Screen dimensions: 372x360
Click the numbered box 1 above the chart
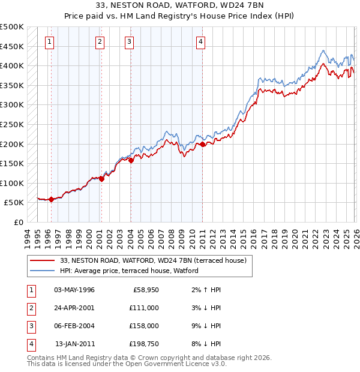coord(49,41)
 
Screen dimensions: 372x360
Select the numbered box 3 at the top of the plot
coord(130,41)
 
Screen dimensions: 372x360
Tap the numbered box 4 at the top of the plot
coord(200,41)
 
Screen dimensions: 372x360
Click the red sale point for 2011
coord(203,144)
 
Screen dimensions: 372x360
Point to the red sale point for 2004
coord(131,160)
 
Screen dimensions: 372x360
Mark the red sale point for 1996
coord(51,200)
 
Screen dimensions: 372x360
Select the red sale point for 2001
coord(101,178)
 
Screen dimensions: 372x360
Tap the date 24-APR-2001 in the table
coord(74,307)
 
